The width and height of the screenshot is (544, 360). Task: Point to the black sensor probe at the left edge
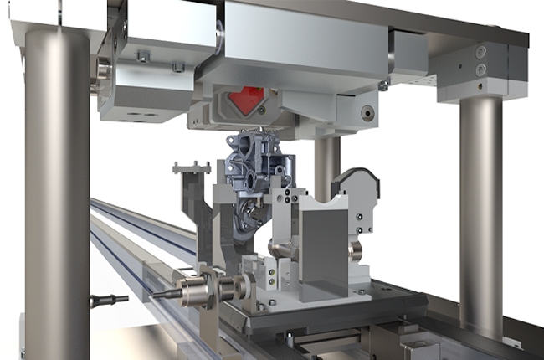tap(109, 299)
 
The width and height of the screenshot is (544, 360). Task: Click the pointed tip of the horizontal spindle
tap(156, 294)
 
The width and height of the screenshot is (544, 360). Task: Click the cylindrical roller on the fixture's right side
tap(356, 250)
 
